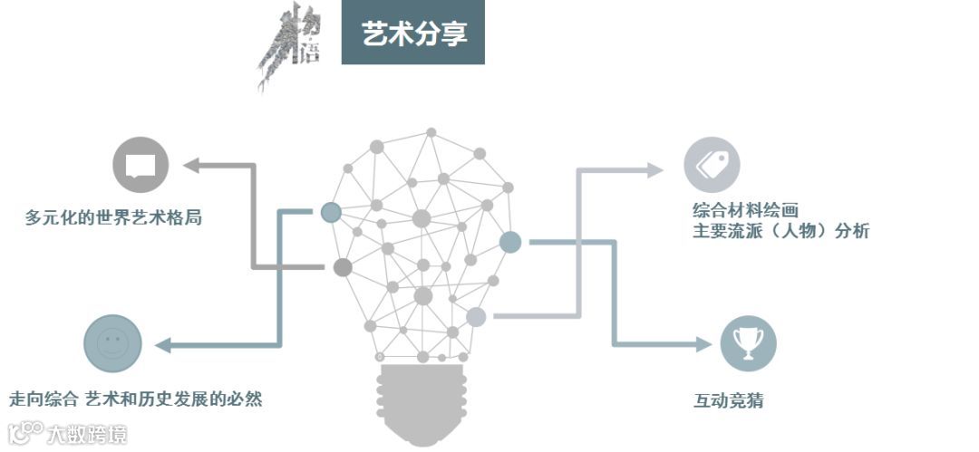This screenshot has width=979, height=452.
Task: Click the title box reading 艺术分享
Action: (x=412, y=34)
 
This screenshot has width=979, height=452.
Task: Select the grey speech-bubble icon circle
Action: (x=141, y=165)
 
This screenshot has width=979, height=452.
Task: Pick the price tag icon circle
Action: (x=712, y=165)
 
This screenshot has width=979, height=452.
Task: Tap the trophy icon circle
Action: (x=748, y=343)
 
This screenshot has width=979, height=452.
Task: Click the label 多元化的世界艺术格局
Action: (x=113, y=218)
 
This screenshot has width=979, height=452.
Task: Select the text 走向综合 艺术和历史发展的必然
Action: (x=136, y=399)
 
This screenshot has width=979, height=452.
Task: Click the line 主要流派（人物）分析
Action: (x=780, y=231)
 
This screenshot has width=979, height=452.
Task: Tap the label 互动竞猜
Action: (x=727, y=399)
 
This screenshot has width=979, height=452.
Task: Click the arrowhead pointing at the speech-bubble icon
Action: (x=191, y=165)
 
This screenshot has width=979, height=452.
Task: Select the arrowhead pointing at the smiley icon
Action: (x=162, y=344)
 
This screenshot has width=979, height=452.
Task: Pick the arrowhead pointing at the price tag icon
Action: (x=655, y=169)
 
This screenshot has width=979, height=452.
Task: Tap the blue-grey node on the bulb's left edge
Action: (x=331, y=213)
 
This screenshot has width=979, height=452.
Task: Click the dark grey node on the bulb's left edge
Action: (x=342, y=267)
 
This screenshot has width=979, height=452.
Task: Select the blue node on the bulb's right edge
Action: (x=510, y=242)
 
